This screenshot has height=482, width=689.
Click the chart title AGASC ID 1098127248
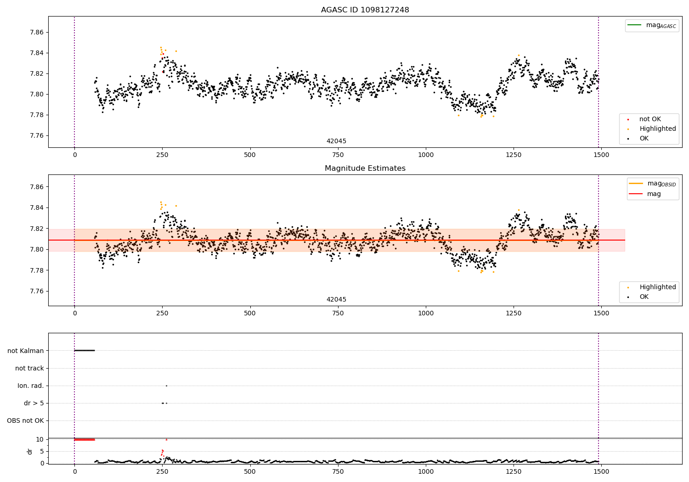pos(365,10)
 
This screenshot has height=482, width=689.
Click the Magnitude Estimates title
pos(365,168)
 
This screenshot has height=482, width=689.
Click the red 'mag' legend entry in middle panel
pos(654,194)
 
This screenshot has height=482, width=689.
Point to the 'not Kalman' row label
pos(26,351)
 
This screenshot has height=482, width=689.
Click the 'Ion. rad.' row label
pos(31,386)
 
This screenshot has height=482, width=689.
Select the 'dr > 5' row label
pos(34,403)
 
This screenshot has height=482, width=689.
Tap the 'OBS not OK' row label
pos(25,420)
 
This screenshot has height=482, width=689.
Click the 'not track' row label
pos(29,368)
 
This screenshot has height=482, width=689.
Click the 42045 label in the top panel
pos(336,141)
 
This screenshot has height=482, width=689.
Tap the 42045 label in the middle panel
pos(336,300)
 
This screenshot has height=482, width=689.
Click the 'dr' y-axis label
pos(30,451)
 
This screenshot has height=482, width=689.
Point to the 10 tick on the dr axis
pos(40,439)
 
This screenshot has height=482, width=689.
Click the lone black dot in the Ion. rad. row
pos(166,386)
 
